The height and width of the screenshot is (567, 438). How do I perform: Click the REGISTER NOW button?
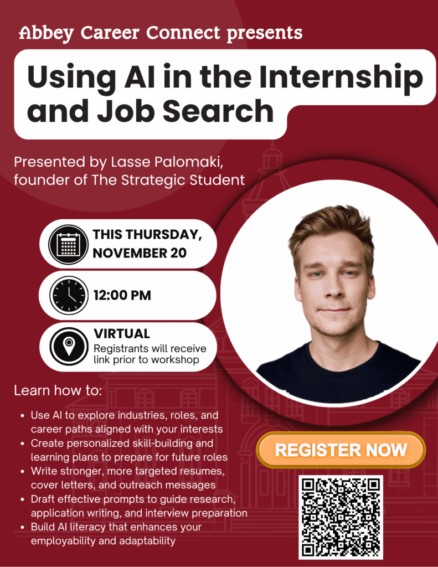coord(341,450)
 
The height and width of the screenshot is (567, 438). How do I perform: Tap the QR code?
coord(341,516)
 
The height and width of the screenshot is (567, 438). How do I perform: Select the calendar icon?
coord(68,244)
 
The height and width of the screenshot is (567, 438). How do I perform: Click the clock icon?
coord(68,295)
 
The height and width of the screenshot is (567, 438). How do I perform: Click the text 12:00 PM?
coord(122,296)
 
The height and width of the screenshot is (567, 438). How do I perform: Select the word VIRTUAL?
coord(122,334)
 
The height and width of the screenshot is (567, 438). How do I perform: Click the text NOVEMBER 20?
coord(140,253)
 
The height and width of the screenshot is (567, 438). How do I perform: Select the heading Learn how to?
coord(58,390)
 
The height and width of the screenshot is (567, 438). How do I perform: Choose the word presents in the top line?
coord(265,33)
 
